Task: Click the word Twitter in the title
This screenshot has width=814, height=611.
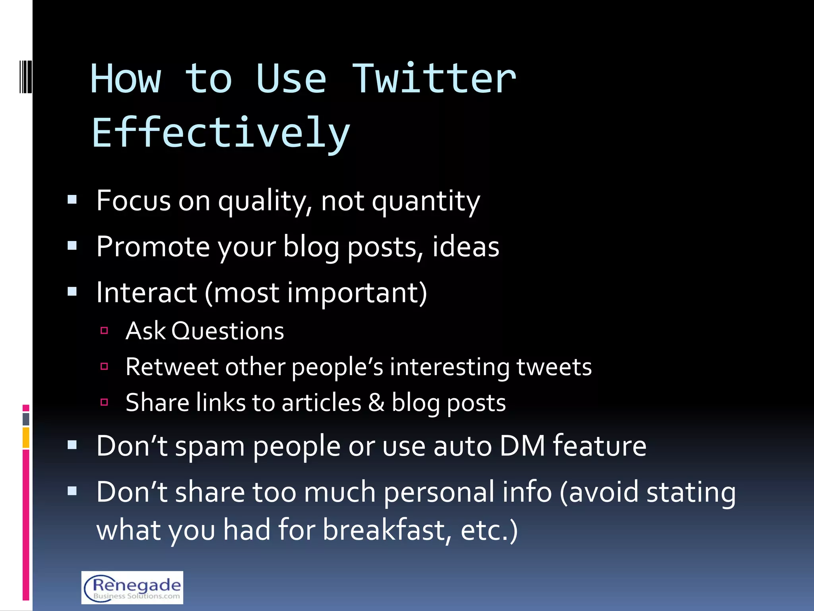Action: point(434,79)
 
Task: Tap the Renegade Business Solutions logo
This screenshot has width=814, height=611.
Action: point(132,587)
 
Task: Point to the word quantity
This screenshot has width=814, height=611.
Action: point(426,202)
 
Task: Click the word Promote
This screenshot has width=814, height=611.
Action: point(153,247)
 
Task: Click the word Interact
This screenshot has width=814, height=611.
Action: point(146,293)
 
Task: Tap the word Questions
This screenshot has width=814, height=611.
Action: point(228,331)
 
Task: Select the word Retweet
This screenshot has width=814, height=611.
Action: point(172,367)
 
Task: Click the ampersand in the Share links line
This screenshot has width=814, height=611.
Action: point(376,403)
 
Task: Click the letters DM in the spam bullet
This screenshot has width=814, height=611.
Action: point(522,446)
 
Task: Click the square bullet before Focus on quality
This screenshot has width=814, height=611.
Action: point(72,200)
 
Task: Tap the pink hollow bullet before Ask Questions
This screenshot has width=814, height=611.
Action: point(105,330)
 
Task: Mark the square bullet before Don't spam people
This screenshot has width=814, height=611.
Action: point(72,445)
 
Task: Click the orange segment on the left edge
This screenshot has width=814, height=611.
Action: point(26,438)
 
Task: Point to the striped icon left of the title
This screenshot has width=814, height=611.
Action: point(26,76)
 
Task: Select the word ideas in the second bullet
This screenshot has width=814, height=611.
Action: point(465,247)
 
